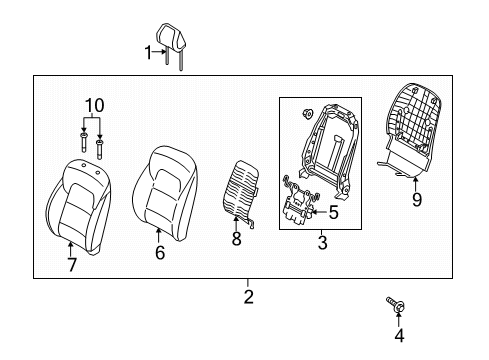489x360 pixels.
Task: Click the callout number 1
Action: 147,52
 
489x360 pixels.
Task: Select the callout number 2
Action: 248,296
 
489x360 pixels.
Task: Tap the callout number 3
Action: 323,243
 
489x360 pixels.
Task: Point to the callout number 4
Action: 399,346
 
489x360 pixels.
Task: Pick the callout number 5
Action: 334,212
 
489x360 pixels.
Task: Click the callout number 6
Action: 159,253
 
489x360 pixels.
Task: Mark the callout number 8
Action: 236,240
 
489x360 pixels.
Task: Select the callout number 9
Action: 416,199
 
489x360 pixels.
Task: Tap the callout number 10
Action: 92,106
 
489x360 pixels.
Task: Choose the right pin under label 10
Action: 100,147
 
